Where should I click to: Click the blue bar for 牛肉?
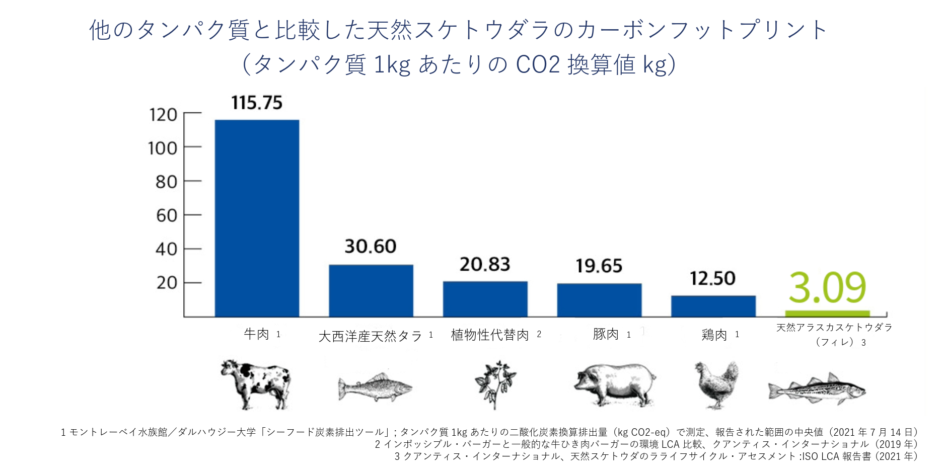pos(257,218)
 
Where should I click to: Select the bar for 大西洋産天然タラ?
pos(371,291)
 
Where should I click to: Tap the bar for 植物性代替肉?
pos(485,299)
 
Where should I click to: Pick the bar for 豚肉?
pos(599,300)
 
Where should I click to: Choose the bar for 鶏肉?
pos(713,306)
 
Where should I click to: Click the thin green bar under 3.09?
pos(827,313)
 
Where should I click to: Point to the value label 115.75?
pos(257,103)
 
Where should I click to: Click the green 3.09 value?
pos(827,287)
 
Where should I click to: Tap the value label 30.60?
pos(371,247)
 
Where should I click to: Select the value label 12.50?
pos(712,278)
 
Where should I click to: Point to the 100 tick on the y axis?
pos(163,148)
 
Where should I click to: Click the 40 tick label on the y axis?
pos(166,249)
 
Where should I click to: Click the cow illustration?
pos(256,383)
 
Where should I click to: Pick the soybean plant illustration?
pos(495,384)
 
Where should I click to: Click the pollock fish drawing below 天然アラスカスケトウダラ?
pos(817,389)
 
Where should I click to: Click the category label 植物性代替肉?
pos(490,335)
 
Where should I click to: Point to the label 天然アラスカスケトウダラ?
pos(834,328)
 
